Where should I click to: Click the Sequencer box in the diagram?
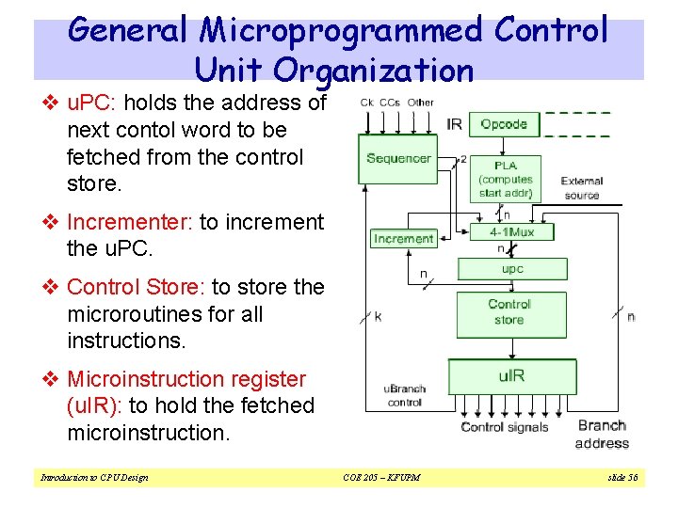coord(397,159)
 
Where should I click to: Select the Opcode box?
coord(504,124)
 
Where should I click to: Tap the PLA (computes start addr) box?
coord(506,179)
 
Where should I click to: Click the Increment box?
coord(403,239)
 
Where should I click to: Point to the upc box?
coord(512,269)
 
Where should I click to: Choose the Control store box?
coord(509,313)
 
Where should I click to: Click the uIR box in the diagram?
coord(509,376)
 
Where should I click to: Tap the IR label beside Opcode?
coord(453,124)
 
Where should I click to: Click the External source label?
coord(582,188)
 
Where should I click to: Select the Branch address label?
coord(602,435)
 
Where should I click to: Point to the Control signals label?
coord(505,427)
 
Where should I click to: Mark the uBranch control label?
coord(404,395)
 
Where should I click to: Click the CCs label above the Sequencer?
coord(389,103)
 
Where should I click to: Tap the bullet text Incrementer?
coord(130,223)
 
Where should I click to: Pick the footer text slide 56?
coord(621,478)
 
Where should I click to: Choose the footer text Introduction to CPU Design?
coord(94,478)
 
